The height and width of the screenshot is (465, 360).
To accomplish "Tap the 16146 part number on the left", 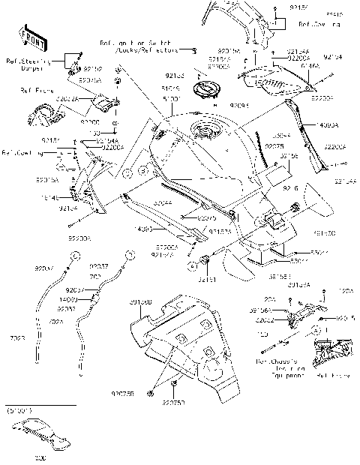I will (70, 197).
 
